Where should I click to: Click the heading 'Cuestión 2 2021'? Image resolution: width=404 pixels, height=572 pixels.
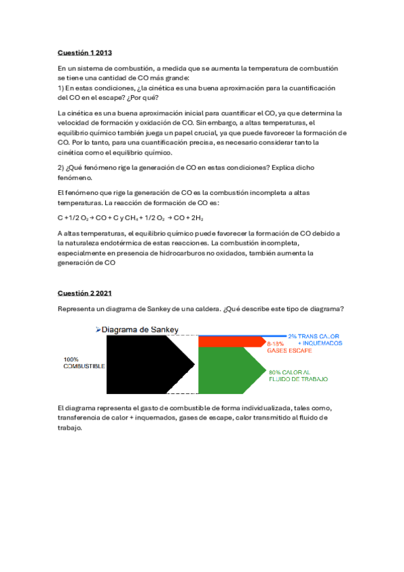85,293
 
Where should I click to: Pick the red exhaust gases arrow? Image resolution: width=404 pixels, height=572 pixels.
229,343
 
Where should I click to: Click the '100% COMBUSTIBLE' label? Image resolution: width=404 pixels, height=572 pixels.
84,362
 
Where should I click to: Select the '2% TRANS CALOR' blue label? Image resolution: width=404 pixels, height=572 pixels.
314,336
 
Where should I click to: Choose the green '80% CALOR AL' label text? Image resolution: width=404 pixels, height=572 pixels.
289,372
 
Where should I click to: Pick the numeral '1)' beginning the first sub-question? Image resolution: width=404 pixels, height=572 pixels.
61,88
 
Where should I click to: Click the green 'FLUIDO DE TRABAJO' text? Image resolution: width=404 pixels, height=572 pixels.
299,380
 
